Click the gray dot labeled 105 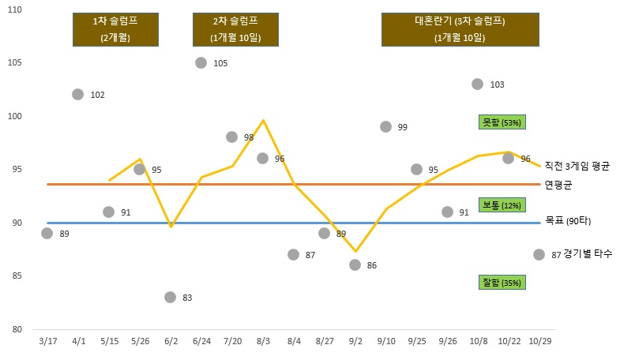tap(201, 62)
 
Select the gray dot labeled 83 tap(171, 297)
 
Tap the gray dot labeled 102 tap(77, 94)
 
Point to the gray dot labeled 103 tap(478, 84)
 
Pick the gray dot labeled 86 tap(355, 264)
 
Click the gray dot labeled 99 tap(385, 126)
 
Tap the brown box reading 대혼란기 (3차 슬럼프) tap(459, 29)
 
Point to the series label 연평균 tap(558, 185)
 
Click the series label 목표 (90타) tap(568, 222)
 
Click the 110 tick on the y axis tap(14, 9)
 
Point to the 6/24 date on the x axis tap(201, 340)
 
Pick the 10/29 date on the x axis tap(539, 340)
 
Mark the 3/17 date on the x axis tap(47, 340)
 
